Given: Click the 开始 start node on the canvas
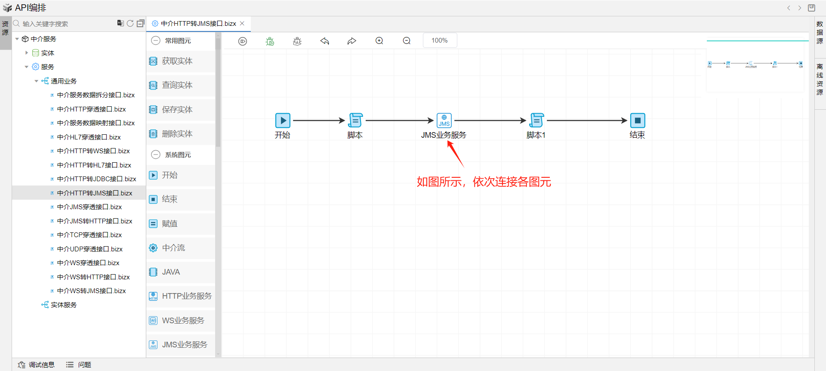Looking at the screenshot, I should tap(283, 121).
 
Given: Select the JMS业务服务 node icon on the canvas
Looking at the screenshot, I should tap(444, 121).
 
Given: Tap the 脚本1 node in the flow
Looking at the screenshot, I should tap(536, 121).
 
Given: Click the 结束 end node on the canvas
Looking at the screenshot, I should tap(638, 121).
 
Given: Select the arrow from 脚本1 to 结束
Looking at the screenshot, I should tap(587, 121).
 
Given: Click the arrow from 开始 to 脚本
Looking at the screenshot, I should tap(318, 121).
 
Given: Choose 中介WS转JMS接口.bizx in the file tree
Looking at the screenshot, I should tap(91, 291).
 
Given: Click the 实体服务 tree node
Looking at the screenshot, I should tap(63, 305).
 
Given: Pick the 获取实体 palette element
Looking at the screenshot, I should tap(177, 61).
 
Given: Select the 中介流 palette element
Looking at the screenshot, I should tap(173, 248).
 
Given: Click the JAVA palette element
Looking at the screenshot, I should tap(171, 272).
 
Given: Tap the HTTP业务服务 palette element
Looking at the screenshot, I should tap(186, 296).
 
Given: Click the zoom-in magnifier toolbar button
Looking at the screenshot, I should tap(379, 41).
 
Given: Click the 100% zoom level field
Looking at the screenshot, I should tap(440, 40).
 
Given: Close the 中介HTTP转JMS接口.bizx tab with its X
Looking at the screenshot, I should tap(242, 24).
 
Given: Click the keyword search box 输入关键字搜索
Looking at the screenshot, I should tap(65, 24).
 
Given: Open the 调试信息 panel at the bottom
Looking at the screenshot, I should tap(37, 365).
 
